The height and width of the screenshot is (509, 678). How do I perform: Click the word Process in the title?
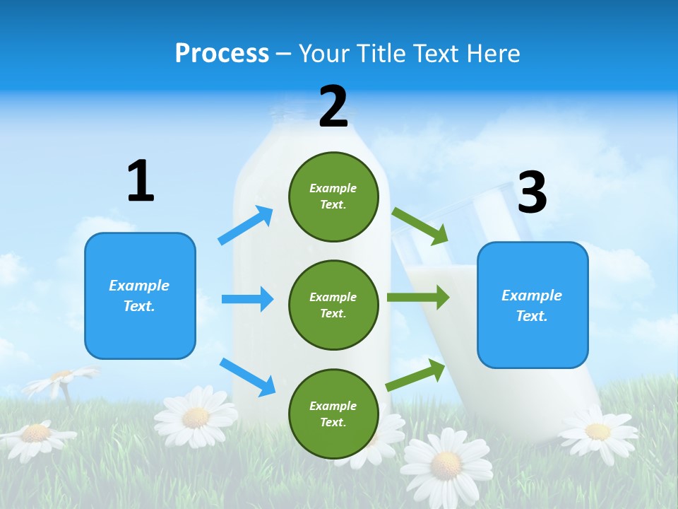pyautogui.click(x=222, y=54)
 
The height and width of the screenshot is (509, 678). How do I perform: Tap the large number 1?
pyautogui.click(x=141, y=182)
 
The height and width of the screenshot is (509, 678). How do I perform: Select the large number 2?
pyautogui.click(x=333, y=107)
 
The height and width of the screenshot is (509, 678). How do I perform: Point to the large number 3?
pyautogui.click(x=532, y=193)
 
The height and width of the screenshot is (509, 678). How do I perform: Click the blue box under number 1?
pyautogui.click(x=140, y=296)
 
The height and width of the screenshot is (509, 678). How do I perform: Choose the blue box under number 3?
pyautogui.click(x=533, y=305)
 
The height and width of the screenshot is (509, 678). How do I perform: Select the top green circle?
pyautogui.click(x=338, y=196)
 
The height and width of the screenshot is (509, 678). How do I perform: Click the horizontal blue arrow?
pyautogui.click(x=247, y=299)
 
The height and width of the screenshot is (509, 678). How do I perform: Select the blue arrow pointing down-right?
pyautogui.click(x=248, y=377)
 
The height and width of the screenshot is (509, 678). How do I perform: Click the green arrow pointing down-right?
pyautogui.click(x=420, y=226)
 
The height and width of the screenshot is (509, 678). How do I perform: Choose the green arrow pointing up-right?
pyautogui.click(x=416, y=375)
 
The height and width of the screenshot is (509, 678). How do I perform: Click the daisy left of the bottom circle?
pyautogui.click(x=196, y=417)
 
